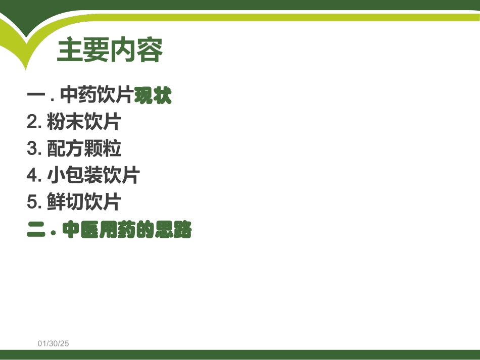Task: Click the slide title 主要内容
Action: coord(110,50)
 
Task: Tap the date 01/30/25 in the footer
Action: coord(53,343)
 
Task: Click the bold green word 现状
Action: coord(153,95)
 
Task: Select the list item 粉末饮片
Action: coord(84,122)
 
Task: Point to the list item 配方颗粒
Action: coord(84,149)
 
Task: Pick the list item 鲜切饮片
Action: coord(84,202)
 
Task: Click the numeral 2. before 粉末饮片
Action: coord(34,122)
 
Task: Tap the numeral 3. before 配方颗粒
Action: coord(34,149)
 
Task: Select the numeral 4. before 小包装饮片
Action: coord(34,175)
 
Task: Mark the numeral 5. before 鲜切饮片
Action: coord(34,202)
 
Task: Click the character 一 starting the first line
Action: coord(36,95)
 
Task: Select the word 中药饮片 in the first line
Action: coord(97,95)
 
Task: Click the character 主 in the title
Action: coord(70,50)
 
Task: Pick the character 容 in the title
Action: coord(150,50)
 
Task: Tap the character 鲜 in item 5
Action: coord(56,202)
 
